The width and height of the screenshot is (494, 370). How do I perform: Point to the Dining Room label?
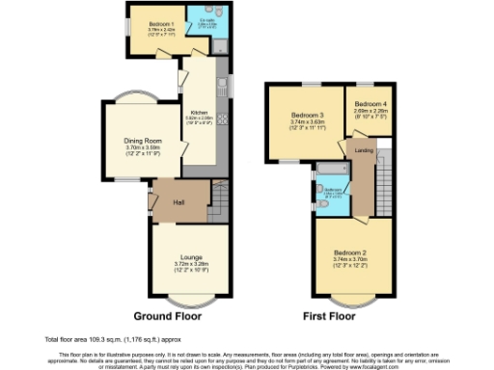tap(142, 141)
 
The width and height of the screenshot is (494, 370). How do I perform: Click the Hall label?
tap(178, 201)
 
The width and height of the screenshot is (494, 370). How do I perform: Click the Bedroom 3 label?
tap(304, 116)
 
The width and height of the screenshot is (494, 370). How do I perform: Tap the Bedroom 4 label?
tap(370, 103)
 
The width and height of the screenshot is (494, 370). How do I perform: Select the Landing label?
tap(365, 149)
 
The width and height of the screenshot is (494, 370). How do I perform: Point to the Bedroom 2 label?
tap(350, 252)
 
